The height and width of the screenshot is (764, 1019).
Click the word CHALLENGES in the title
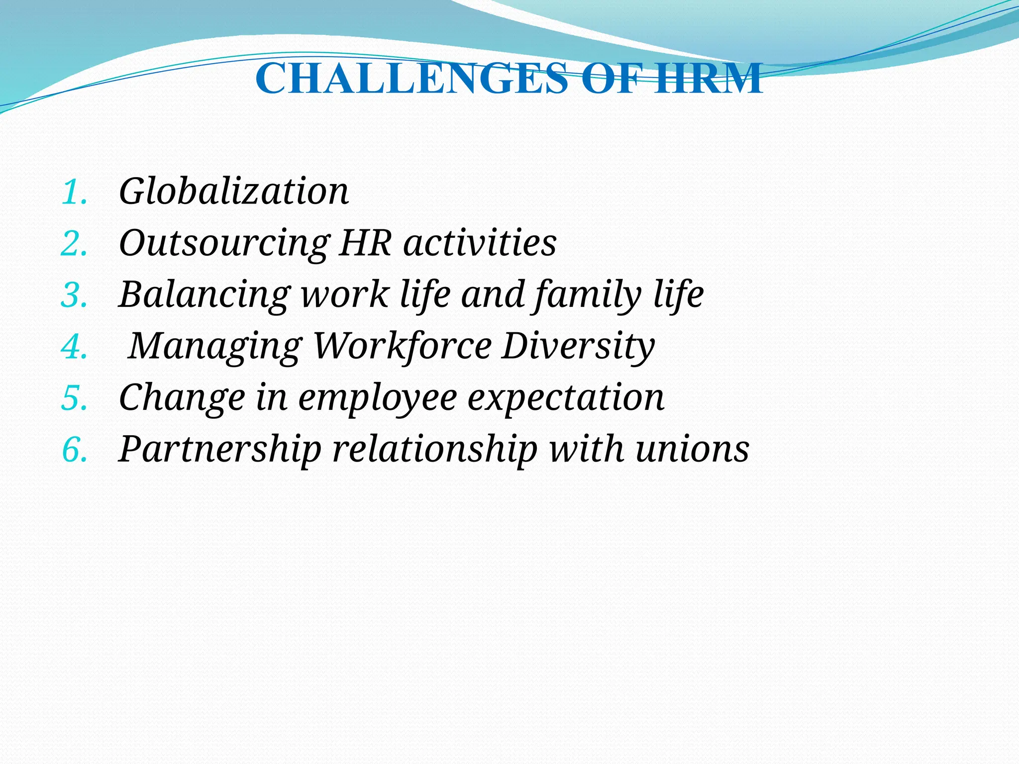(411, 79)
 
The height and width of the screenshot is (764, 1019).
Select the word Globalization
(234, 191)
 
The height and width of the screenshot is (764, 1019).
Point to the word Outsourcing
(224, 244)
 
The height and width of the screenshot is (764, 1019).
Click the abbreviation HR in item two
(365, 243)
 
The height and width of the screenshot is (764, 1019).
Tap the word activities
(480, 243)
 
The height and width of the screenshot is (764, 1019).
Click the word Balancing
(204, 295)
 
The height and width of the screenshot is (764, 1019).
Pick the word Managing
(215, 347)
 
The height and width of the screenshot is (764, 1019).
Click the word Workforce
(403, 346)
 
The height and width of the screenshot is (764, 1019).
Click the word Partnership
(220, 450)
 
